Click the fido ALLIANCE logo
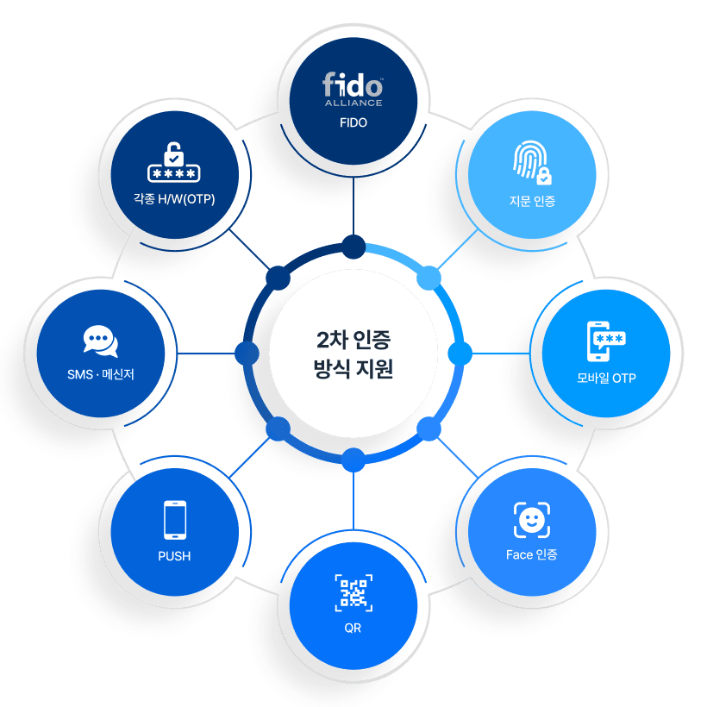pos(353,90)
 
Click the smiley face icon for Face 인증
pos(531,520)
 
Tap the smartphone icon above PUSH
pos(175,520)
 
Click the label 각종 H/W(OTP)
pos(174,200)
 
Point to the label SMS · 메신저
pos(101,375)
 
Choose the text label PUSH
pos(174,556)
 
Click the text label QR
pos(353,629)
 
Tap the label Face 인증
pos(531,554)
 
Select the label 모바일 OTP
pos(606,378)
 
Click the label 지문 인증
pos(532,202)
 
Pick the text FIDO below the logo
pos(353,122)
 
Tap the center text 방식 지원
pos(353,370)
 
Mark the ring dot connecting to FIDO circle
pos(353,247)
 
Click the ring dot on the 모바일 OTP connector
pos(460,353)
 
